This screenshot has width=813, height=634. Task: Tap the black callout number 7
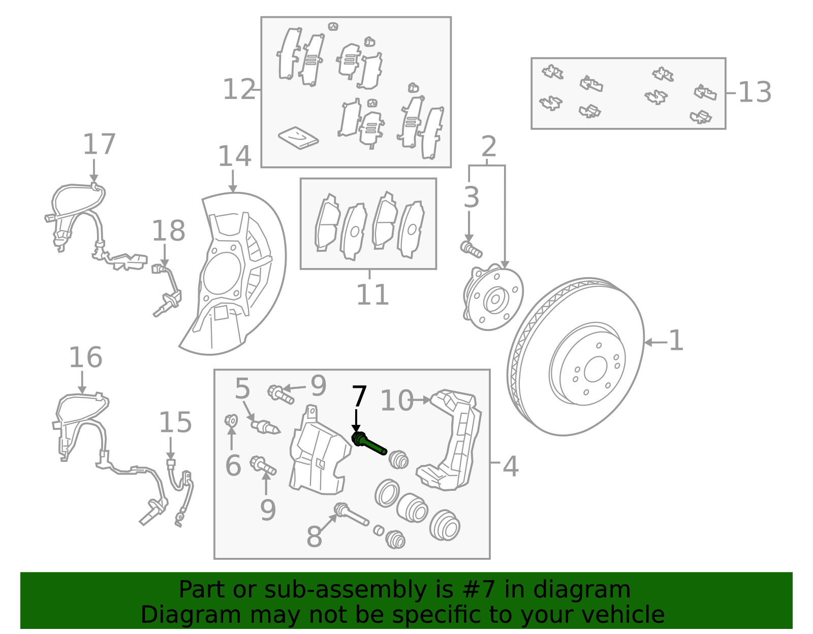point(359,396)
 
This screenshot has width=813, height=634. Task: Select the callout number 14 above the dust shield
point(234,156)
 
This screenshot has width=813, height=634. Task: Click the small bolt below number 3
point(471,249)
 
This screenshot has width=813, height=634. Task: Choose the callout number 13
point(755,92)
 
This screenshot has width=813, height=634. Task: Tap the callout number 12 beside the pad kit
point(239,90)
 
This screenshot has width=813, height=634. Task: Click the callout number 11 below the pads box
point(372,294)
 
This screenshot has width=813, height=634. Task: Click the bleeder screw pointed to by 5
point(265,426)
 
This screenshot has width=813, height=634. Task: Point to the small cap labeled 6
point(231,420)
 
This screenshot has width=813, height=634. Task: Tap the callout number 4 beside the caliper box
point(511,466)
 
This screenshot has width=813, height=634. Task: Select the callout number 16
point(85,357)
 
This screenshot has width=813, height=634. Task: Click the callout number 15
point(175,422)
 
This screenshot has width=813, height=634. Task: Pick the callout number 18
point(169,231)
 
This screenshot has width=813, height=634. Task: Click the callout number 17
point(99,144)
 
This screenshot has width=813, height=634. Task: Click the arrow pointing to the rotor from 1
point(655,343)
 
